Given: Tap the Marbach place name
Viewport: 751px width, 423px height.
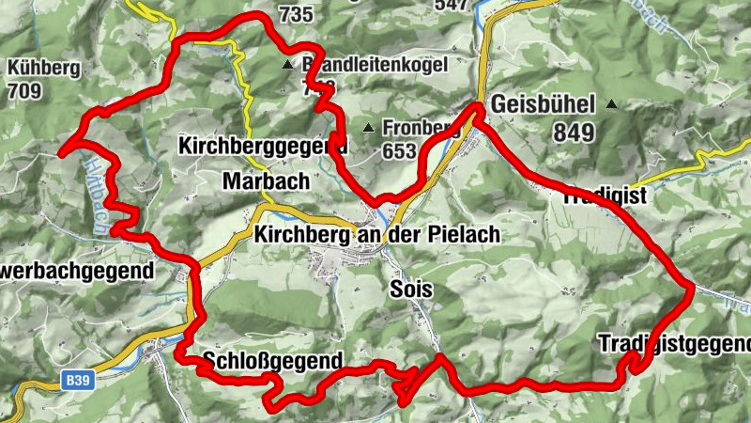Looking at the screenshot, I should (x=253, y=180).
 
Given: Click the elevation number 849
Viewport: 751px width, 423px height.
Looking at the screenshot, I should (x=574, y=133).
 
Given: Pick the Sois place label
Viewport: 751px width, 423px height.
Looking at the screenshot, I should (x=411, y=290).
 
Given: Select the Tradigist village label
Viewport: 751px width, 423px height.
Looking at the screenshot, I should (x=605, y=197).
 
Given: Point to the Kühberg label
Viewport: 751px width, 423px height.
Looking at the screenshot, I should (x=43, y=69).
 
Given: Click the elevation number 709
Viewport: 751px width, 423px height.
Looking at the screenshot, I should (x=26, y=91).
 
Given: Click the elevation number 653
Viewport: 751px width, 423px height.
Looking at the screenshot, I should (x=400, y=150).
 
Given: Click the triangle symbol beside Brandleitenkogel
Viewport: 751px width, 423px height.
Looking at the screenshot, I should (x=287, y=65).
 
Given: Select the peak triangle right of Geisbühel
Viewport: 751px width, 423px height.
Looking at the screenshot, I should (x=612, y=104).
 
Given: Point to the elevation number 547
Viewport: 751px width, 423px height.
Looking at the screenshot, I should (x=451, y=5).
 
